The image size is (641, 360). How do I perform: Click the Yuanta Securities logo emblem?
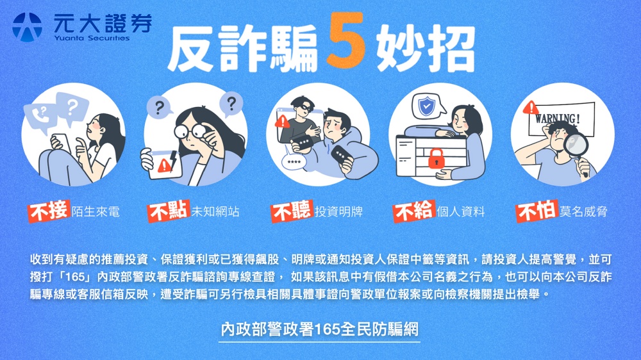pos(28,28)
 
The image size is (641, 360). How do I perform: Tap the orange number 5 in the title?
pos(346,40)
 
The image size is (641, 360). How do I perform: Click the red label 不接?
pos(49,211)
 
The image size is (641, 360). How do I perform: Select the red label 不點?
pos(169,211)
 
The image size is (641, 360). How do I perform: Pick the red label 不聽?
pos(292,211)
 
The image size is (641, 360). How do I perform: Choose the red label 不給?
pos(413,211)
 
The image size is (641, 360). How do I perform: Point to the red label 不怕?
pos(537,211)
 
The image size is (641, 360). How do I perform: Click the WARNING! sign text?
pos(557,119)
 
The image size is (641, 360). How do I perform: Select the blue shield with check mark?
pos(426,106)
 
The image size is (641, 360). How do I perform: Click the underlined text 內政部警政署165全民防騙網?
pos(320,329)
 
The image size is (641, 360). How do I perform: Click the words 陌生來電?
pos(96,211)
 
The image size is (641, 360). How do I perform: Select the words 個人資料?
pos(461,211)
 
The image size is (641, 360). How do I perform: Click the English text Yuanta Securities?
pos(92,38)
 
